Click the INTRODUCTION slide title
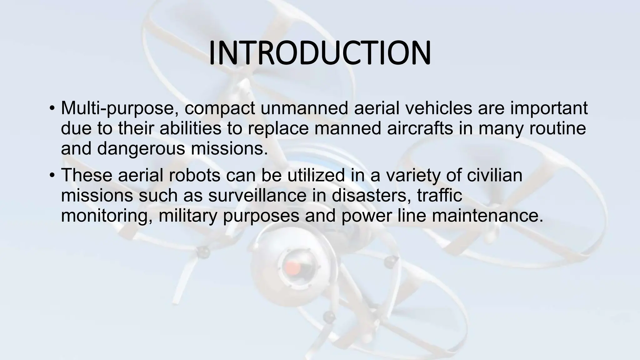[319, 53]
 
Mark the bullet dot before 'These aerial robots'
[52, 176]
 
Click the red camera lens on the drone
[292, 267]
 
